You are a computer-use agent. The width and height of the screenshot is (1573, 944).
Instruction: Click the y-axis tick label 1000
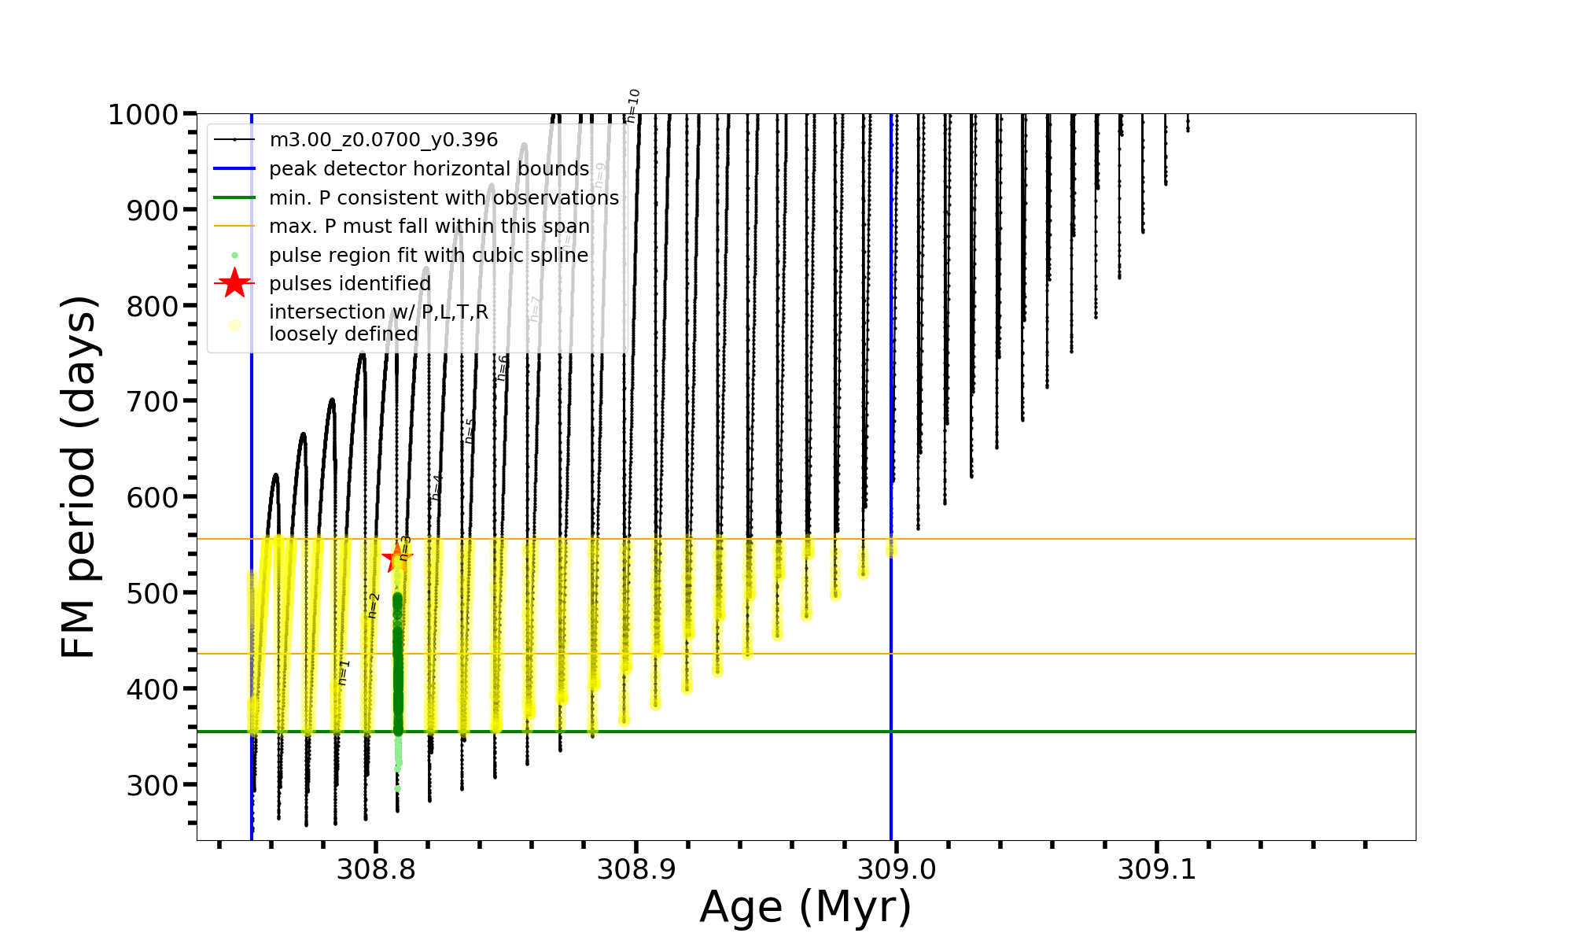tap(143, 115)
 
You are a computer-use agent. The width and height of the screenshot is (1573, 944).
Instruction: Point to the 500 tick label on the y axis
tap(153, 593)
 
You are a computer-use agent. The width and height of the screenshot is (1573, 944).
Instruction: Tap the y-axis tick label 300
tap(153, 785)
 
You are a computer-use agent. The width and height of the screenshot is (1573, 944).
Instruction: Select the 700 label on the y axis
tap(153, 402)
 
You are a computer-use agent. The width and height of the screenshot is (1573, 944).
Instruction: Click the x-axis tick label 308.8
tap(375, 870)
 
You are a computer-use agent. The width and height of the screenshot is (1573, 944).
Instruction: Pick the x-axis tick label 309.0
tap(896, 870)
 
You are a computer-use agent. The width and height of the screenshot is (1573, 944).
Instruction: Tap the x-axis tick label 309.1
tap(1156, 870)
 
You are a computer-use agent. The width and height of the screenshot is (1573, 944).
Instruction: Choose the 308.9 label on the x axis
tap(635, 870)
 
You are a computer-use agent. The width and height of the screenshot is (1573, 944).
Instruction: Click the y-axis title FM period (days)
tap(79, 477)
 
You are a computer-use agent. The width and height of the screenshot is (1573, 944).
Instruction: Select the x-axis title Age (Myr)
tap(805, 907)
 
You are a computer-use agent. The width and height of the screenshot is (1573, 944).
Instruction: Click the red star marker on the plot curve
tap(397, 559)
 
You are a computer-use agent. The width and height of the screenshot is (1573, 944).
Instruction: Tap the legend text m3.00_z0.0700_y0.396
tap(383, 140)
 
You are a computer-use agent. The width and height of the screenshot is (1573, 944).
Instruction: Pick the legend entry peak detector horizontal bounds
tap(429, 169)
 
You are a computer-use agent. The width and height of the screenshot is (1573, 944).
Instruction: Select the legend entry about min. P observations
tap(444, 198)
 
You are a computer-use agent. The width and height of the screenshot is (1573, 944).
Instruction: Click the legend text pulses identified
tap(349, 283)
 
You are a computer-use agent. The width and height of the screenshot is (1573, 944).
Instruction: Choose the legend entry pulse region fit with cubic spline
tap(428, 256)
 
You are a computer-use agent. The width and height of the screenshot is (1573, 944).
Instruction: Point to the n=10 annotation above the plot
tap(633, 105)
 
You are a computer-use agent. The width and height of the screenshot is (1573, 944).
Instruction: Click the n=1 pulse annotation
tap(344, 673)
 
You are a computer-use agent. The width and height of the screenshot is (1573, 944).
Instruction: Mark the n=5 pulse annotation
tap(470, 430)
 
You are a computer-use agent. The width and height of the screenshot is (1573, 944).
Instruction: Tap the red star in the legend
tap(234, 283)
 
